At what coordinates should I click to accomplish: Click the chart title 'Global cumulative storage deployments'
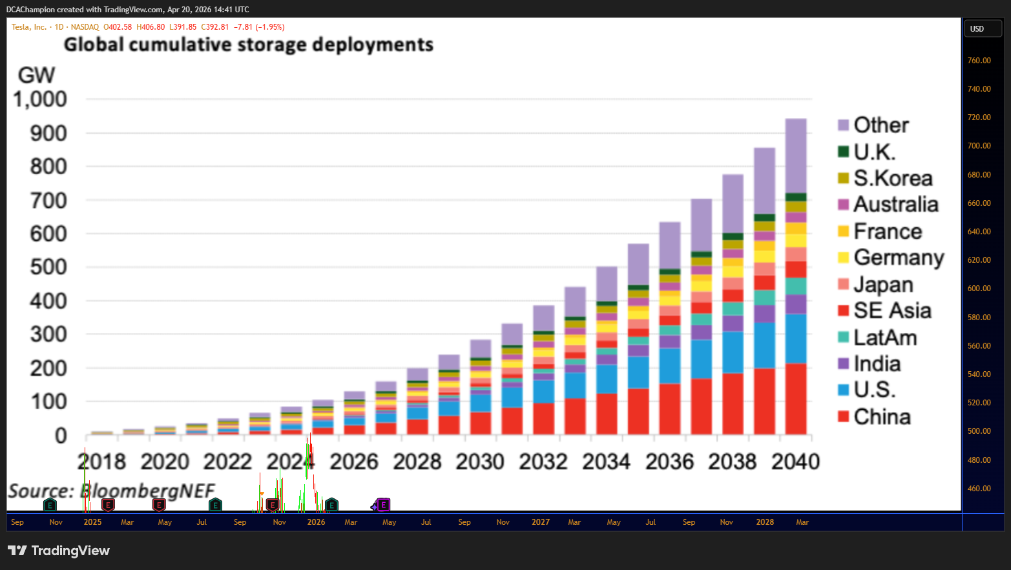click(x=248, y=45)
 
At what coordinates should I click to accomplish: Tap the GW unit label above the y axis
click(x=37, y=75)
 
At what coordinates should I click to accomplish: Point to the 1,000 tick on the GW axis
click(x=40, y=99)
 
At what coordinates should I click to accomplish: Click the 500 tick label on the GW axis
click(x=48, y=267)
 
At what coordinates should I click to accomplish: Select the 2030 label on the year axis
click(x=480, y=462)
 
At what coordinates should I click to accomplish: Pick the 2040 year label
click(x=795, y=462)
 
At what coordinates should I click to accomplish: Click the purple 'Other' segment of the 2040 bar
click(x=796, y=156)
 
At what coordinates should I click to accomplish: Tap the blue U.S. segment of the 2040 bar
click(x=796, y=339)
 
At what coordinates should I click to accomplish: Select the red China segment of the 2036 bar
click(x=670, y=409)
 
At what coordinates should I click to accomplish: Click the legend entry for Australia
click(x=888, y=204)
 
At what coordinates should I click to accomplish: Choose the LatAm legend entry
click(x=877, y=338)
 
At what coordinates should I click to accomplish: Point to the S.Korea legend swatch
click(x=843, y=178)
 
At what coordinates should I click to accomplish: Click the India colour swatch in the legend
click(x=843, y=363)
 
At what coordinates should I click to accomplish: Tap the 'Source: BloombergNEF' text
click(x=112, y=491)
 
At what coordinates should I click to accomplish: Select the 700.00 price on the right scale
click(x=979, y=146)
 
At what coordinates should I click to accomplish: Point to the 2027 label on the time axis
click(x=540, y=522)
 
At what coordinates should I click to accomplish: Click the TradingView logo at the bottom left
click(x=59, y=551)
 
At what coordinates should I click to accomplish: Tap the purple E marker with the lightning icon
click(x=383, y=505)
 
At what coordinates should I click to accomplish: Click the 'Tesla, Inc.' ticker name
click(x=29, y=27)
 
